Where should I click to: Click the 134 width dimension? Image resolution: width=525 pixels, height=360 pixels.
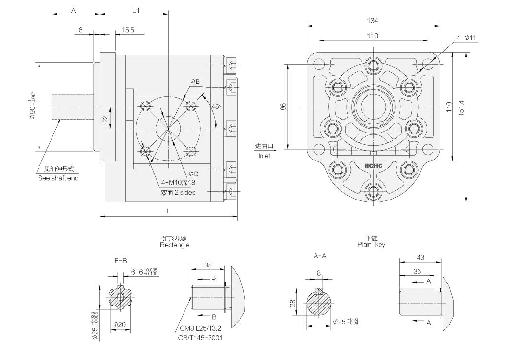[x=372, y=20]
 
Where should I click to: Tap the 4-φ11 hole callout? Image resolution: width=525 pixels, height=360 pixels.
[x=466, y=38]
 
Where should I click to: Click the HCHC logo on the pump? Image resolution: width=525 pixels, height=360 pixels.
[x=373, y=166]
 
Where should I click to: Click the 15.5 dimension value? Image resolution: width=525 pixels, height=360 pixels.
[x=128, y=30]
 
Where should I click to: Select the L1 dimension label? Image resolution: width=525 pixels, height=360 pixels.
[x=135, y=10]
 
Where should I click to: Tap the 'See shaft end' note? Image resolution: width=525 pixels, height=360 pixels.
[x=58, y=178]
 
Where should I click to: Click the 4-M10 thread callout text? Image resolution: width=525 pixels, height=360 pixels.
[x=178, y=183]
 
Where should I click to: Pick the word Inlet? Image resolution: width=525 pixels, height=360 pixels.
[x=264, y=156]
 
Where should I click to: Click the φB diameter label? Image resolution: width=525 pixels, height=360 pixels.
[x=195, y=81]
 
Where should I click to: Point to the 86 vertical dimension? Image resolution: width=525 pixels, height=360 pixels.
[x=283, y=107]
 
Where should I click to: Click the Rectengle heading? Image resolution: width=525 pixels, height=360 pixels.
[x=174, y=245]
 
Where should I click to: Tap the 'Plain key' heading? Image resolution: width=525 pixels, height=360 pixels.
[x=371, y=245]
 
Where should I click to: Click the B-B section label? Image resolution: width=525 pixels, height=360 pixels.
[x=120, y=261]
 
